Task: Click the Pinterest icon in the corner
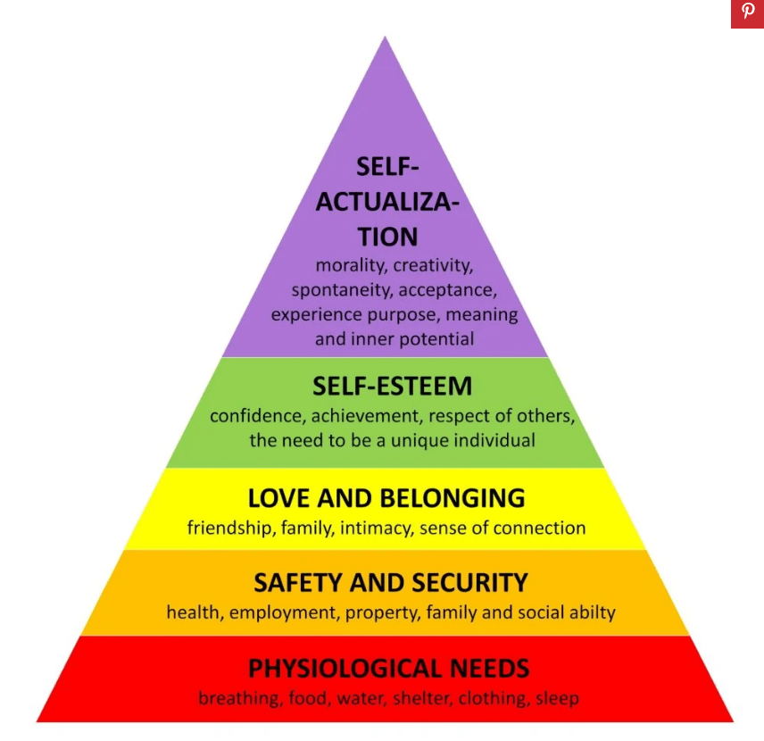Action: [747, 13]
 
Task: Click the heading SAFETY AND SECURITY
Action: [391, 583]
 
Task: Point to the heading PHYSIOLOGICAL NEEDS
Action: [388, 668]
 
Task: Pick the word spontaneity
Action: [341, 290]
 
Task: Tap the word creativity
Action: [433, 266]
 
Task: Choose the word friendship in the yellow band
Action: [230, 528]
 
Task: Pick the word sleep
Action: [557, 698]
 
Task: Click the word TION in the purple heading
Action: [387, 237]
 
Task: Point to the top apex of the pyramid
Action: [385, 37]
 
